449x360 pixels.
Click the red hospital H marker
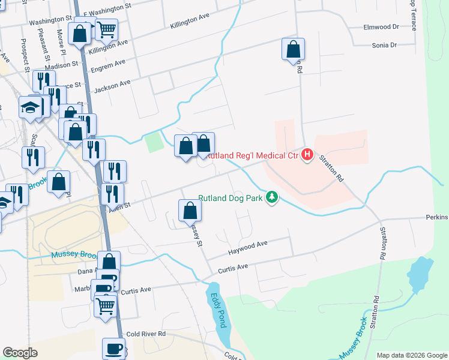(x=307, y=155)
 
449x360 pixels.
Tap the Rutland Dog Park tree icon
(x=273, y=197)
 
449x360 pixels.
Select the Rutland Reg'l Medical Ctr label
(x=252, y=156)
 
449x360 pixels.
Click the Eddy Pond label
(x=217, y=310)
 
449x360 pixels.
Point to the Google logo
(x=20, y=353)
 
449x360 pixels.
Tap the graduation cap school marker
(x=29, y=107)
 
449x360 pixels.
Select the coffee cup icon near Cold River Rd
(x=113, y=347)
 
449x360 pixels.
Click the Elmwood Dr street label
(x=381, y=27)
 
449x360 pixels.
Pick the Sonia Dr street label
(x=384, y=45)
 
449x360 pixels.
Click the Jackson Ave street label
(x=112, y=86)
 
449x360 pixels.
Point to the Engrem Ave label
(x=107, y=65)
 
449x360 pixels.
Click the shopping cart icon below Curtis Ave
(x=106, y=305)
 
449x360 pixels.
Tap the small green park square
(x=154, y=142)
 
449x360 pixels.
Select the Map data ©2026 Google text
(x=411, y=355)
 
